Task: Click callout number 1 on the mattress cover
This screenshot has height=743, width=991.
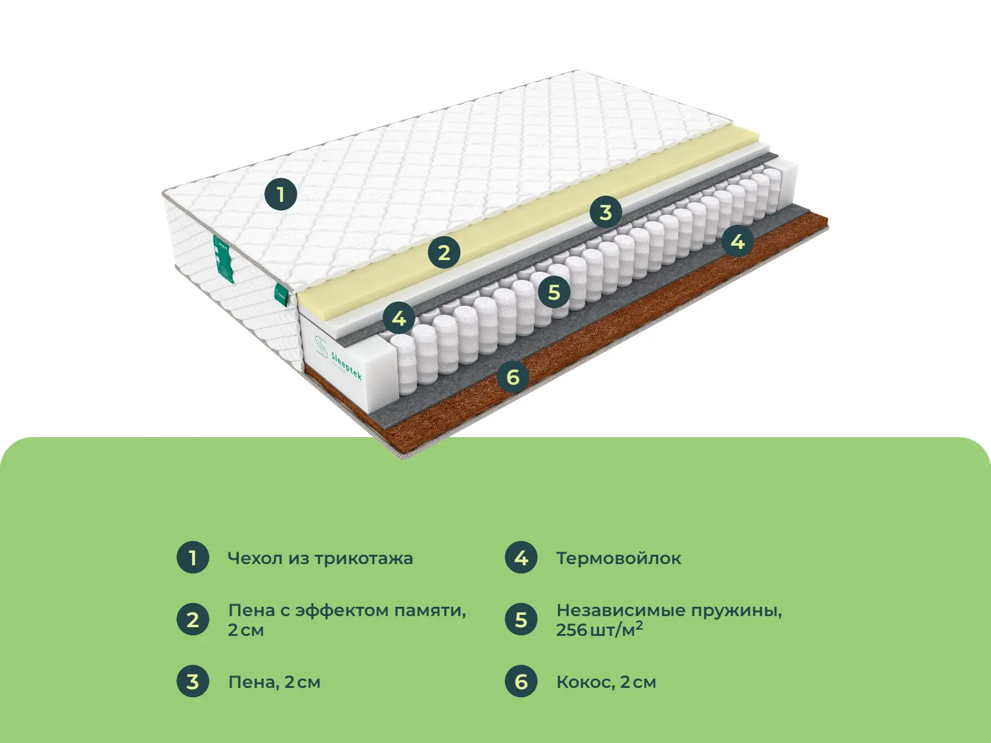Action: (x=281, y=194)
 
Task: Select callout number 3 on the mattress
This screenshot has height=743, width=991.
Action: (x=605, y=212)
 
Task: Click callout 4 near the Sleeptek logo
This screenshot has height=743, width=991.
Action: (x=399, y=318)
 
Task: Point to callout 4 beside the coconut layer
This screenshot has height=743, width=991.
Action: (x=738, y=242)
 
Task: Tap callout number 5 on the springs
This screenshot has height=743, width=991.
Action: (x=554, y=292)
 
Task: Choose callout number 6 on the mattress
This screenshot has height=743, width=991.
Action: (x=513, y=376)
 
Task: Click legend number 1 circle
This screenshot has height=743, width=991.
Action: (x=193, y=558)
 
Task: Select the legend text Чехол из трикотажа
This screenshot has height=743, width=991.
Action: (x=321, y=558)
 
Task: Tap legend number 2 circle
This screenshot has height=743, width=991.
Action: (x=193, y=619)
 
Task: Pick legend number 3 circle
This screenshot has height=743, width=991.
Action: (x=193, y=682)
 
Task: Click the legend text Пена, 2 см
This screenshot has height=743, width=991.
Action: (x=274, y=682)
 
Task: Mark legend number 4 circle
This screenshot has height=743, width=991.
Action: (x=521, y=558)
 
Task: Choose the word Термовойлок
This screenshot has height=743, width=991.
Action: (x=619, y=558)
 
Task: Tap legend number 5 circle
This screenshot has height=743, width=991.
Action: (x=521, y=619)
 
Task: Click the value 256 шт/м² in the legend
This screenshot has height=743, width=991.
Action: (x=600, y=629)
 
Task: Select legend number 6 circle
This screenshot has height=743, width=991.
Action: (x=521, y=682)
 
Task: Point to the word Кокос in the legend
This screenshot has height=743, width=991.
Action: (x=585, y=682)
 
